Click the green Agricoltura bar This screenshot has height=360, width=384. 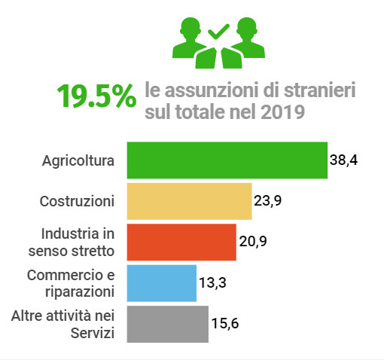tap(227, 160)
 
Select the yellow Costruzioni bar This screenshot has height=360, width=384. tap(189, 201)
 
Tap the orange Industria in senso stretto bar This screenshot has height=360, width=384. tap(181, 242)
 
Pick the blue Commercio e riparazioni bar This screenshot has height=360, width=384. tap(161, 283)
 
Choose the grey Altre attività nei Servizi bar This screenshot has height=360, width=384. tap(167, 324)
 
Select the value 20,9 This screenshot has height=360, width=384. tap(252, 242)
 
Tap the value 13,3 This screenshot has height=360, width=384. tap(212, 283)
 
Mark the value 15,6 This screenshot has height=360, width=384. tap(224, 324)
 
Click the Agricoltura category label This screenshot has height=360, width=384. tap(78, 160)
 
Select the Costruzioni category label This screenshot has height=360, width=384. tap(76, 201)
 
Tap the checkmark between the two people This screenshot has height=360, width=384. tap(218, 32)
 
